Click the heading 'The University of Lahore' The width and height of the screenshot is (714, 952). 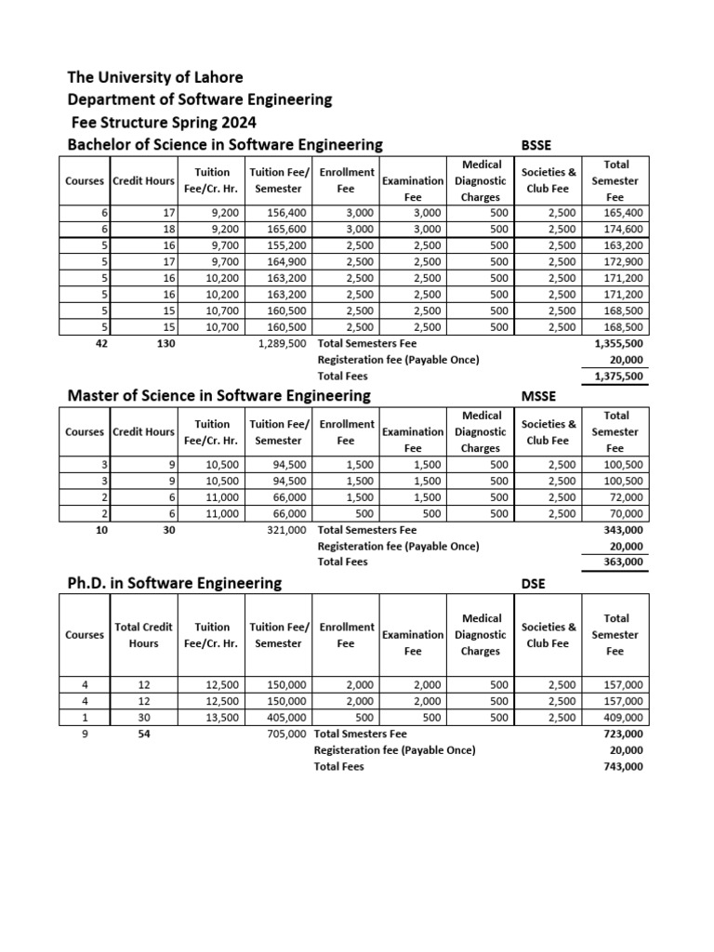(155, 77)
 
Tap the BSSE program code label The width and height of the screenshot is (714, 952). (537, 144)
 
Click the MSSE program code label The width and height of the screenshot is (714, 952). (538, 396)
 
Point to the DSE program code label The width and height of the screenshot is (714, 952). (534, 584)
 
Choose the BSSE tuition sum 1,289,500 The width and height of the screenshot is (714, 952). (282, 343)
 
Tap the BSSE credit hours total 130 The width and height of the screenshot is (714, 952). (144, 343)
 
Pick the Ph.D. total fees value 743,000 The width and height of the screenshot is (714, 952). (622, 766)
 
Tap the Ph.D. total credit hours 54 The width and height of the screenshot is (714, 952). (143, 734)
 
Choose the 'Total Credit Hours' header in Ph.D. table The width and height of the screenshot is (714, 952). (143, 635)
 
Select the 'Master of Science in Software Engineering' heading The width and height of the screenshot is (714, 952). (219, 396)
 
